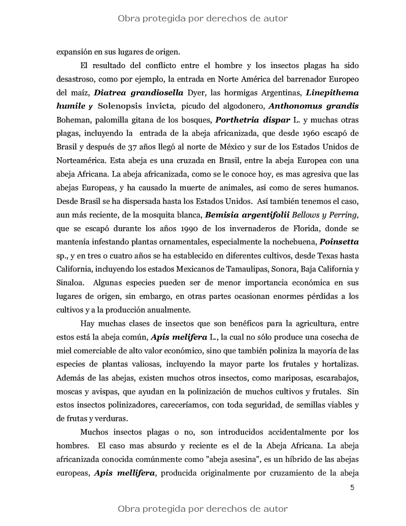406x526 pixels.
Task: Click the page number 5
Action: [x=352, y=488]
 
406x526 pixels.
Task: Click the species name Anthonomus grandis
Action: [x=313, y=106]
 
